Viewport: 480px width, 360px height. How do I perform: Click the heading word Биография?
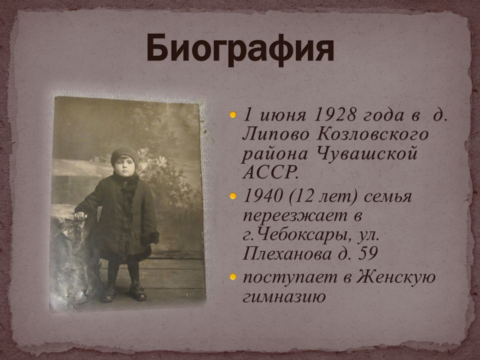point(240,49)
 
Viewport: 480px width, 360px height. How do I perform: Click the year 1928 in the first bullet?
point(335,115)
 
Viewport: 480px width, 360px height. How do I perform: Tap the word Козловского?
point(372,134)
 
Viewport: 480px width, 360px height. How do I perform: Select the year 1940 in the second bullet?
point(262,196)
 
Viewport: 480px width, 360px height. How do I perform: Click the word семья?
point(388,196)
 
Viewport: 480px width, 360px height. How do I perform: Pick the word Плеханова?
point(287,254)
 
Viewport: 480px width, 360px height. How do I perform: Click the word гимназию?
point(284,296)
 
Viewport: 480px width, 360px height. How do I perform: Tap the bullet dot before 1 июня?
point(233,115)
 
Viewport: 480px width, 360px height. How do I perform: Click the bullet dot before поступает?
point(233,276)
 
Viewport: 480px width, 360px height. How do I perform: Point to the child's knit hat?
point(124,154)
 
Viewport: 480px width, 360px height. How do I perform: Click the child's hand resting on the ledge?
point(80,216)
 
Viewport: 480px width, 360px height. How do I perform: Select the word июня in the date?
point(283,115)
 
